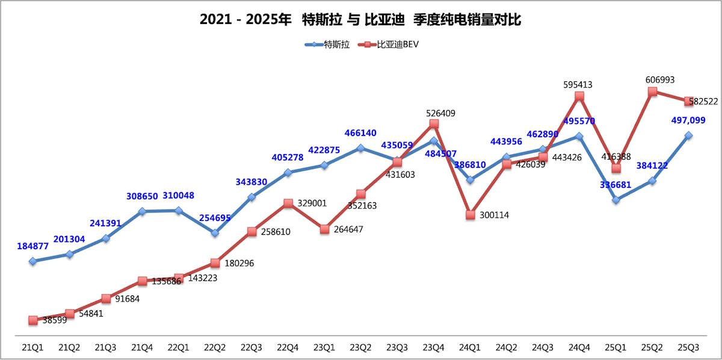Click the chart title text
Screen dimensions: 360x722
pos(360,20)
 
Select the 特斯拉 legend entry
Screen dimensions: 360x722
pos(328,44)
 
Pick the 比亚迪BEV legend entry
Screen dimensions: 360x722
pos(389,44)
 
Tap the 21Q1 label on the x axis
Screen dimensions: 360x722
pos(32,347)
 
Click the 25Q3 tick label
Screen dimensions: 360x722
pos(688,347)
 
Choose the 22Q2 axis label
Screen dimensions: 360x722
pos(215,347)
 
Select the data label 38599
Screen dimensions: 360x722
pos(55,320)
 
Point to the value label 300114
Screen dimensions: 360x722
pos(493,215)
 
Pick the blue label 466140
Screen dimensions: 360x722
pos(361,132)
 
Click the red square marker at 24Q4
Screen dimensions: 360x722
pos(579,96)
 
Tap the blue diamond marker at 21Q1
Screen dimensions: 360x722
pos(32,261)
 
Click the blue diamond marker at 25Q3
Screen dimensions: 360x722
pos(688,135)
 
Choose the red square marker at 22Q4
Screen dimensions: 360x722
pos(288,203)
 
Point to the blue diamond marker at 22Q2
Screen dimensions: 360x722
pos(215,232)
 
